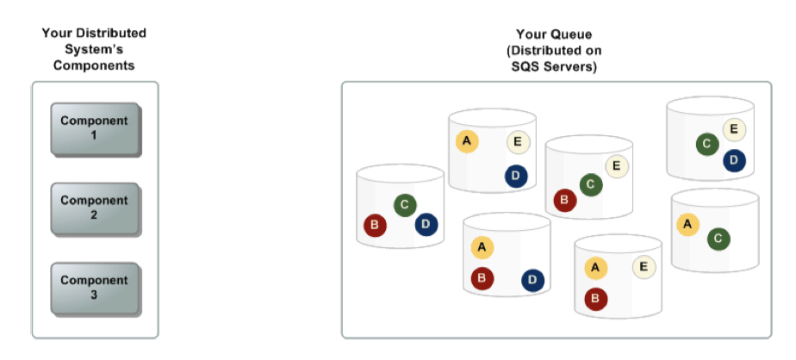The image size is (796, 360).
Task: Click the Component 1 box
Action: point(94,128)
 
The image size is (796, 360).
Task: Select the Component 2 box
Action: point(94,208)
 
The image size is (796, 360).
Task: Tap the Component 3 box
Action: point(94,288)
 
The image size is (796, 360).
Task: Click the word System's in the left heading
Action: point(94,49)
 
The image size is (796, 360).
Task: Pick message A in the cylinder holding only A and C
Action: point(687,224)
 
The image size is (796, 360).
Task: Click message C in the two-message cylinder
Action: point(719,239)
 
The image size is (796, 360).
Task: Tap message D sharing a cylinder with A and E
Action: point(515,176)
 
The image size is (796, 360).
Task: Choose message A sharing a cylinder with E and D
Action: point(466,141)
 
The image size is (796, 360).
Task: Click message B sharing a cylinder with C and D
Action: point(375,227)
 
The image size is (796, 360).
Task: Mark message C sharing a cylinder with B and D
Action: point(405,205)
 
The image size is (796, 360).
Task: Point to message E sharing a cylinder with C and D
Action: point(734,130)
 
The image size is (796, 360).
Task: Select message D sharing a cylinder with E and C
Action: point(734,159)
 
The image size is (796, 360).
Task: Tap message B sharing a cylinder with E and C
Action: point(565,201)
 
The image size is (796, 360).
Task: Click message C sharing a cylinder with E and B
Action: point(590,183)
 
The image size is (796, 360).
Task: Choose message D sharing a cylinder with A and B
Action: point(532,279)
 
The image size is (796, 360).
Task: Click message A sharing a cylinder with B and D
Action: point(482,248)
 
